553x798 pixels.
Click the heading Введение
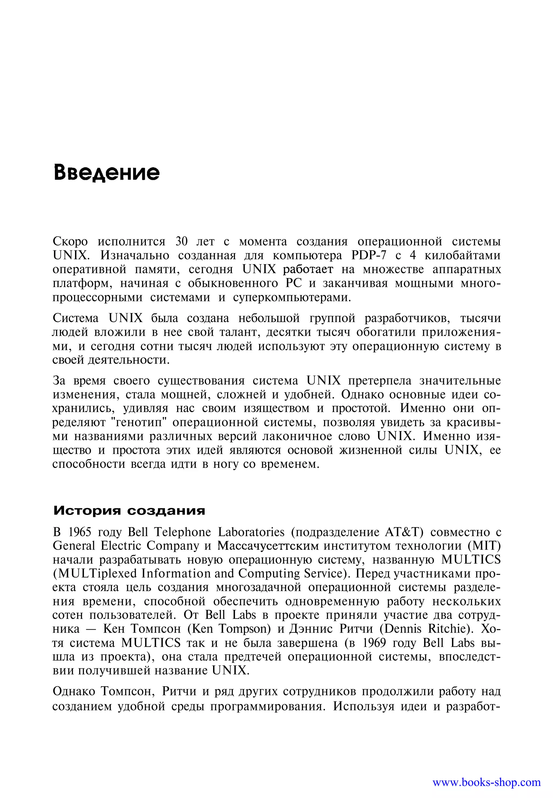[x=107, y=172]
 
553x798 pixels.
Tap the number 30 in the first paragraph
[x=181, y=241]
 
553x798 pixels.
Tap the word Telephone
[x=183, y=532]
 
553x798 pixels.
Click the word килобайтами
[x=463, y=256]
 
